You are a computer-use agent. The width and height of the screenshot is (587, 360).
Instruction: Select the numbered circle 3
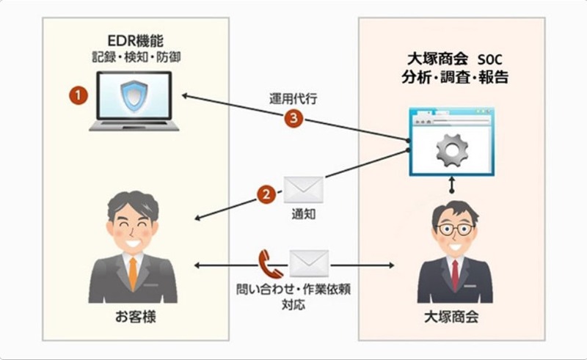coord(293,119)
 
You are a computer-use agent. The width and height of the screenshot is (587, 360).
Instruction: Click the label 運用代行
coord(291,98)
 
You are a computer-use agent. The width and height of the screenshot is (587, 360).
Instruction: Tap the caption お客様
coord(132,318)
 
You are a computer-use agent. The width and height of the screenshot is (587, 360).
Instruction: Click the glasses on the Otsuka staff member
coord(455,229)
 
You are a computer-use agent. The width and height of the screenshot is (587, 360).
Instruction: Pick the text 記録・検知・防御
coord(134,55)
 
